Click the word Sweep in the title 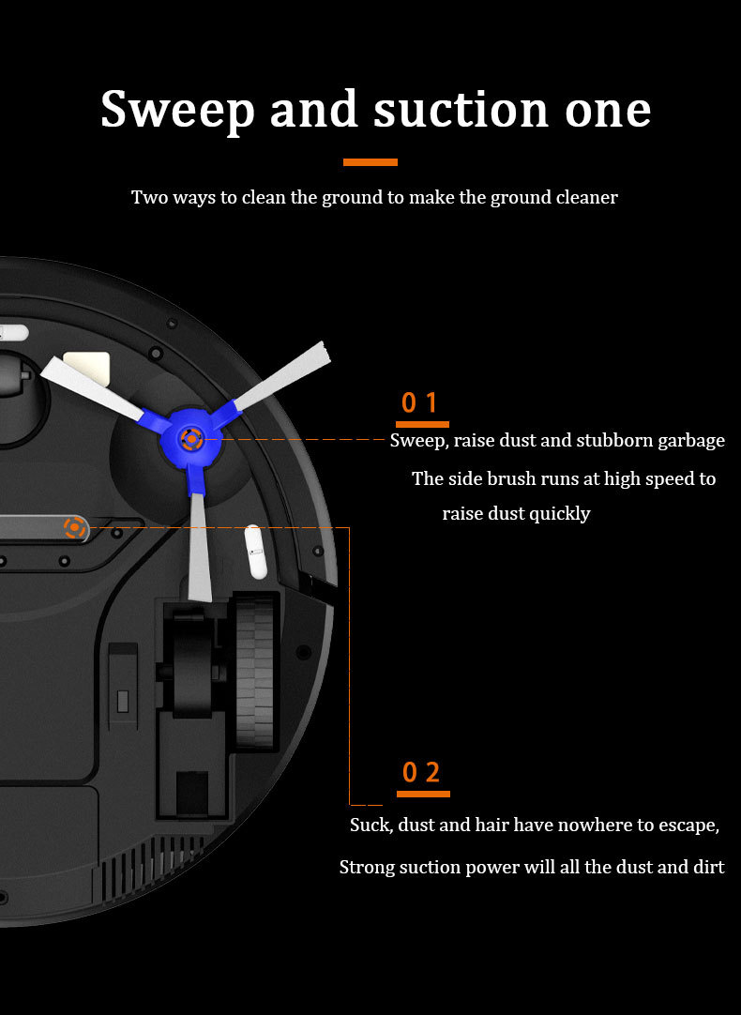click(178, 110)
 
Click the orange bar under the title click(370, 162)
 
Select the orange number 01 click(420, 402)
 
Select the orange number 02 click(421, 772)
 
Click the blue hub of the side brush click(191, 439)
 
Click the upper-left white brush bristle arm click(93, 387)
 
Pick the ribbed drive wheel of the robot click(254, 674)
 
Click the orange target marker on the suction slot click(75, 527)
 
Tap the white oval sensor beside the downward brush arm click(256, 553)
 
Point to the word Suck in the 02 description click(371, 825)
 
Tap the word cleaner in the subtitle click(585, 197)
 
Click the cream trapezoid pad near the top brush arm click(86, 368)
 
